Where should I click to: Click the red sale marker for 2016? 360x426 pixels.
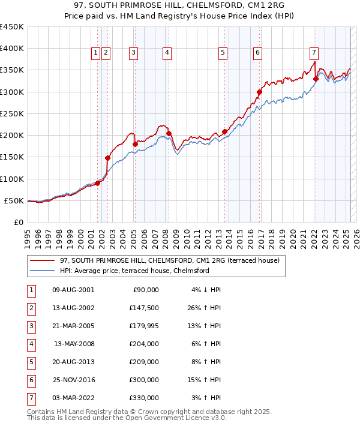(x=260, y=92)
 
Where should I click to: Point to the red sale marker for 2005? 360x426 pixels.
(x=135, y=144)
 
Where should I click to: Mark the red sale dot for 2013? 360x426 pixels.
(x=225, y=131)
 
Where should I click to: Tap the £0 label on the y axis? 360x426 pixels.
(x=19, y=222)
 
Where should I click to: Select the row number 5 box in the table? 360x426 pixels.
(x=29, y=362)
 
